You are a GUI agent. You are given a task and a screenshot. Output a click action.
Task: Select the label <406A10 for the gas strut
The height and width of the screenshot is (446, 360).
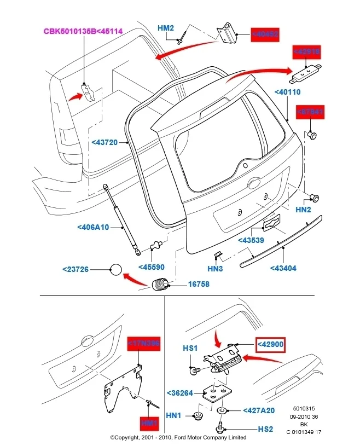pos(93,227)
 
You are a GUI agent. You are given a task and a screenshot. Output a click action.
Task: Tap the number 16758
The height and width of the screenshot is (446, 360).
pos(199,285)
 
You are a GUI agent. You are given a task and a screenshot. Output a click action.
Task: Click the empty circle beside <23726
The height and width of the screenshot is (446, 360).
pos(117,269)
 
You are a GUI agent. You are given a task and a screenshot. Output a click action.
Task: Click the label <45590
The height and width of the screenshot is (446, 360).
pos(152,267)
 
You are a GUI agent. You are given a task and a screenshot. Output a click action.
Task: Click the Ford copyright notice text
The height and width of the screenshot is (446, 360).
pos(178,438)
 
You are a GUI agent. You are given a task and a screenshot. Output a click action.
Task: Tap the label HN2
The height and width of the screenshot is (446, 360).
pos(303,209)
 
